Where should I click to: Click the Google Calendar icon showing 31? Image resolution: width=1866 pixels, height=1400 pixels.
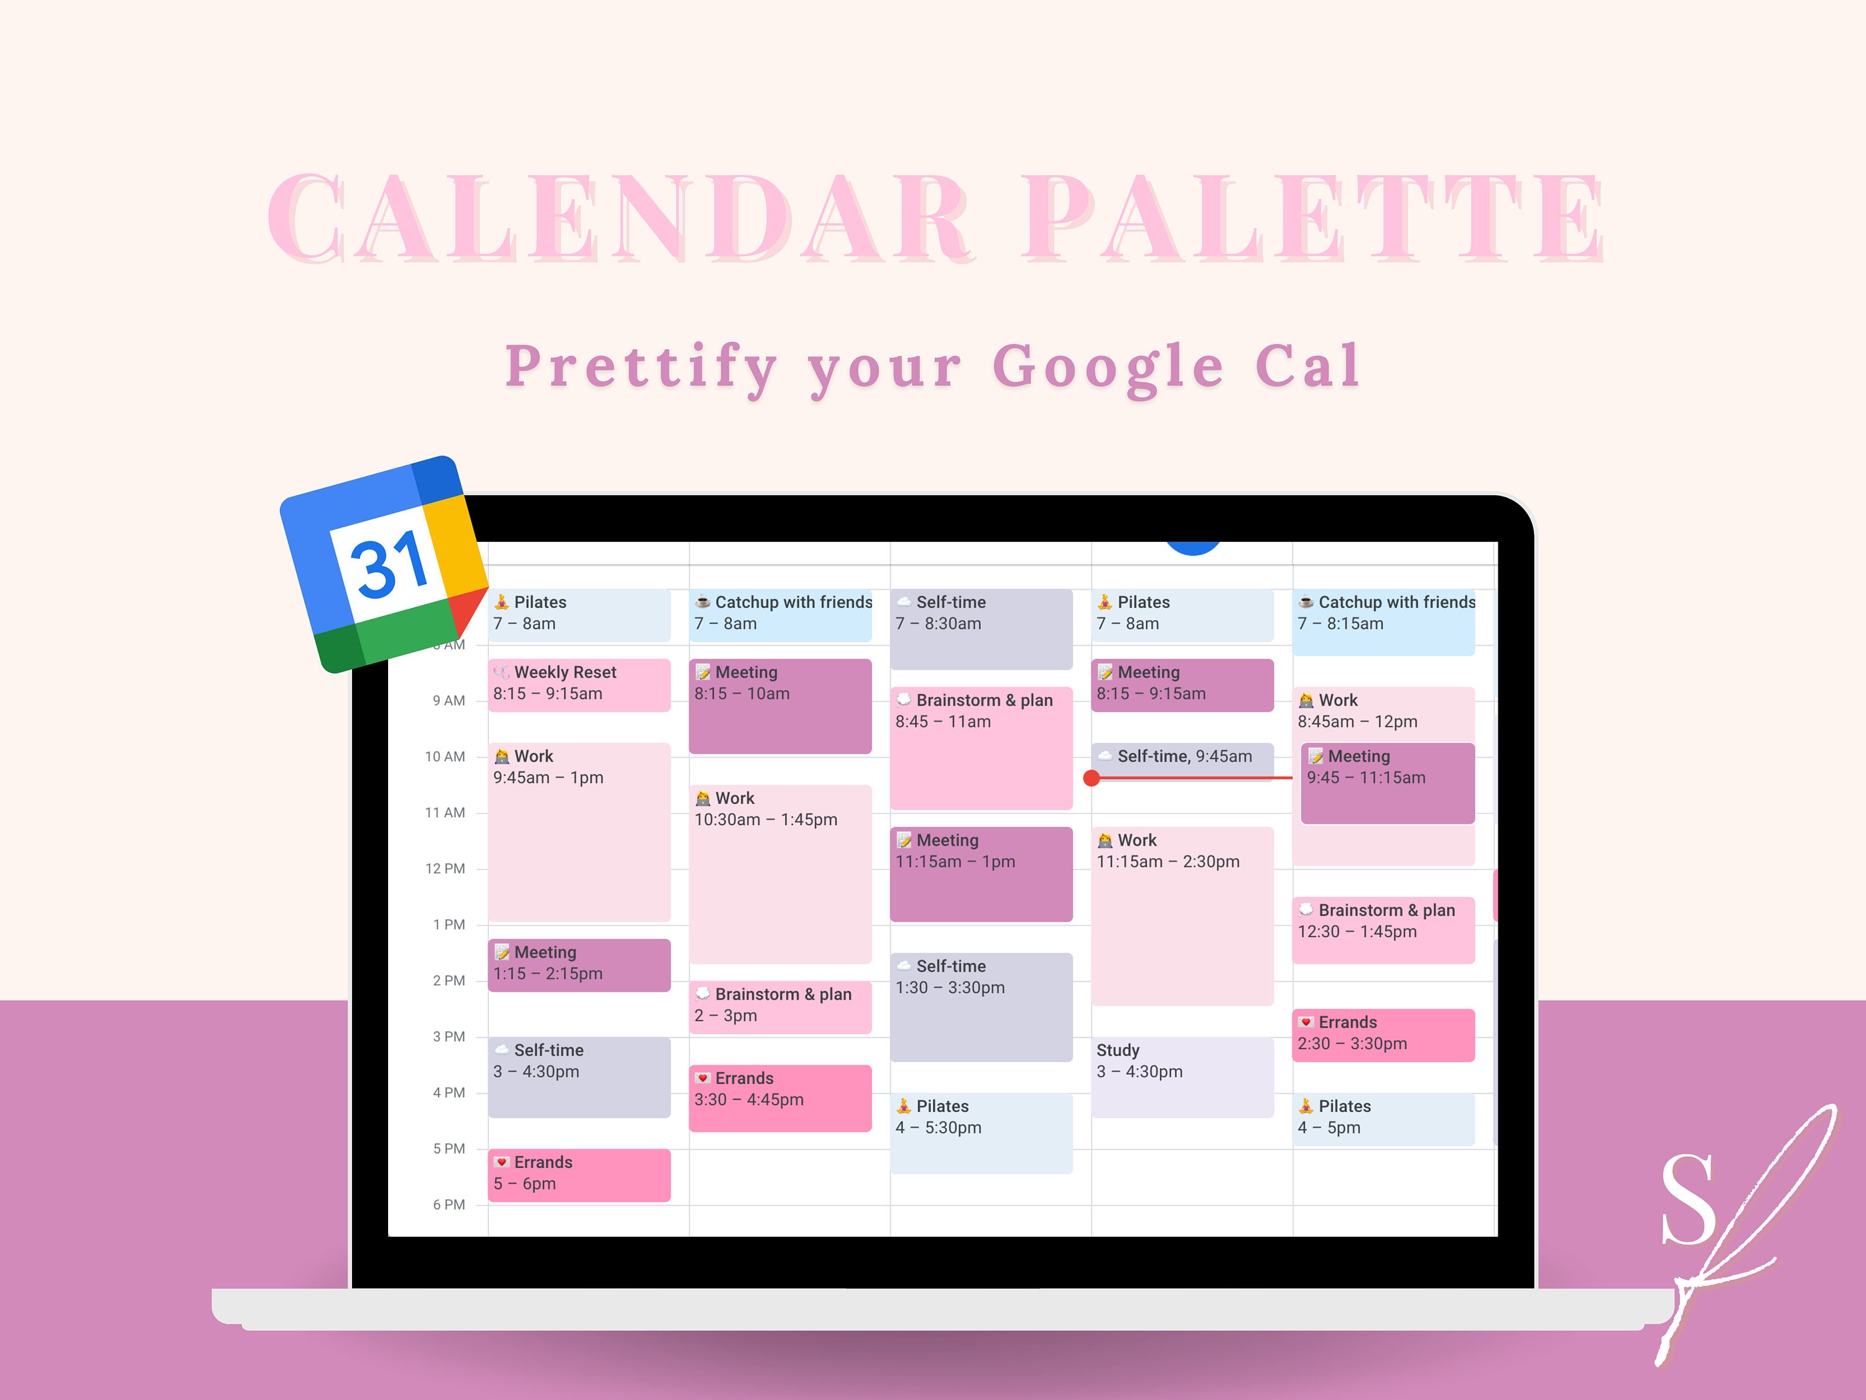tap(384, 564)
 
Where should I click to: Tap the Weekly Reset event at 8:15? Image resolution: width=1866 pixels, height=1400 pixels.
tap(578, 684)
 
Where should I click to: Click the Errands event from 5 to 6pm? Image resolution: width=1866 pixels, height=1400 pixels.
tap(578, 1174)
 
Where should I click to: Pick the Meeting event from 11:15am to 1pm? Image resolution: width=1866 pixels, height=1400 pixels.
tap(980, 874)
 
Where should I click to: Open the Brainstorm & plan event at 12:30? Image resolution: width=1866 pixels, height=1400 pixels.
tap(1383, 929)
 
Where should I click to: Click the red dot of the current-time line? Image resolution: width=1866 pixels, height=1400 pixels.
tap(1092, 778)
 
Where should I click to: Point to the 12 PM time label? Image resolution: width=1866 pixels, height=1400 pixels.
tap(445, 869)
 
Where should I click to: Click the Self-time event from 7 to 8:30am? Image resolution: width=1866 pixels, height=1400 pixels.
tap(980, 628)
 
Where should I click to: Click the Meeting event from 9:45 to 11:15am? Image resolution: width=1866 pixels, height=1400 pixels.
tap(1387, 782)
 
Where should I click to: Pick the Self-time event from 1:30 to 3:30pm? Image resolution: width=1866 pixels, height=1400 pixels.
tap(980, 1006)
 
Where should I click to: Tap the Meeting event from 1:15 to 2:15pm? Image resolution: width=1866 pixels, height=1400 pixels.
tap(578, 964)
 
